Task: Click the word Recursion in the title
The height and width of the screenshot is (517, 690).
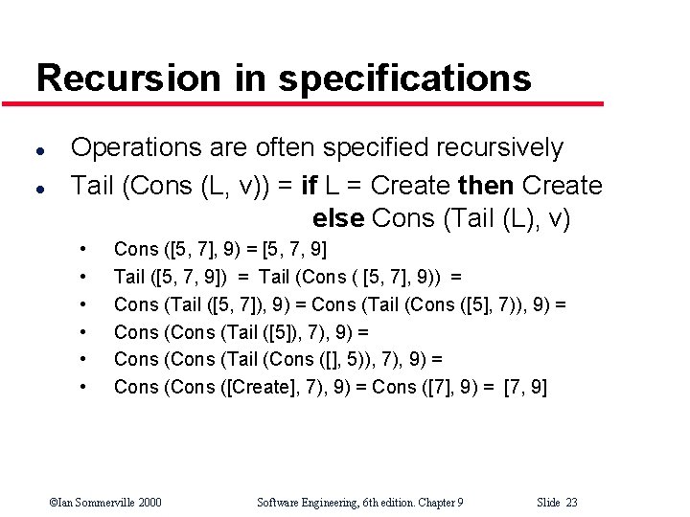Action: [x=127, y=78]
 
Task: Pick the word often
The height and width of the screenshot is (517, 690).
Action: [x=287, y=147]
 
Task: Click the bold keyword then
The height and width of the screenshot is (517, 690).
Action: [x=489, y=185]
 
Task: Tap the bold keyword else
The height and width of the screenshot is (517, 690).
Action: [x=338, y=219]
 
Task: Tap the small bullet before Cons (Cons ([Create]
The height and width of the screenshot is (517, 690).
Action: [x=85, y=388]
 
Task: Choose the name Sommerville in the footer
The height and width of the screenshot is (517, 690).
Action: [x=98, y=502]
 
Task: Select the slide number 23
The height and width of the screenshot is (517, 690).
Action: [x=571, y=502]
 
